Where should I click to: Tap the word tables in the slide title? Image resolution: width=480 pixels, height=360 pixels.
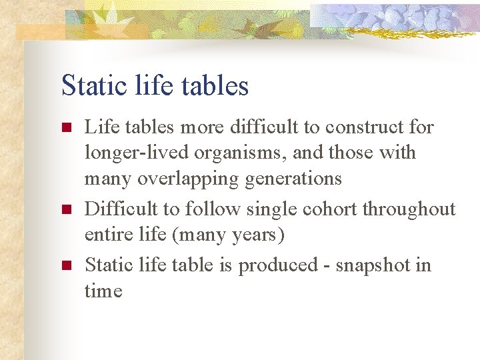[x=216, y=86]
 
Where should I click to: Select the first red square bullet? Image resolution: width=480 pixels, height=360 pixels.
[x=65, y=127]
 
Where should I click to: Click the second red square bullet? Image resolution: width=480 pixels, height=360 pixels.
[x=65, y=210]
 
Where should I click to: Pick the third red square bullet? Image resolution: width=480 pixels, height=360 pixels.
[x=65, y=266]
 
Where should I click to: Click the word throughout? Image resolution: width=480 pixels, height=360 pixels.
[x=409, y=209]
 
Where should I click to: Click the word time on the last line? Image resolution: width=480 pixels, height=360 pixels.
[x=103, y=291]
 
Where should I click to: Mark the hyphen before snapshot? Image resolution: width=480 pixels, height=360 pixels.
[x=329, y=266]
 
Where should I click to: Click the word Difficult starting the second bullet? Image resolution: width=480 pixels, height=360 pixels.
[x=122, y=209]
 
